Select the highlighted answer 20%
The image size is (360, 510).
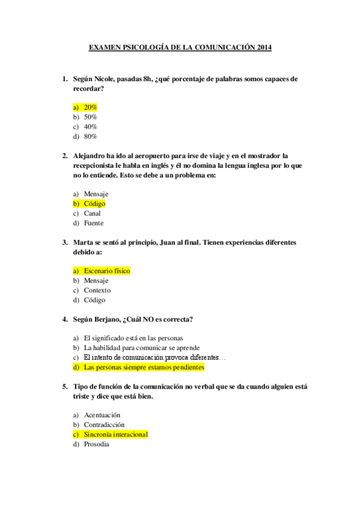click(x=90, y=107)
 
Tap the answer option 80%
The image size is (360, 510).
click(x=90, y=137)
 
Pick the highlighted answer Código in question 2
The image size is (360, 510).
click(x=94, y=204)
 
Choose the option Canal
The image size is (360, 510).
click(x=92, y=214)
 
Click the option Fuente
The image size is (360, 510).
click(x=93, y=223)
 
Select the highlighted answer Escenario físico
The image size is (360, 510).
click(x=107, y=271)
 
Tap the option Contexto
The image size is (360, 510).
click(x=97, y=290)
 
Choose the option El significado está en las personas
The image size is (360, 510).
click(x=133, y=338)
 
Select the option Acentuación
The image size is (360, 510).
click(x=102, y=415)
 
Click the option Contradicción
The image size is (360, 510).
click(x=104, y=425)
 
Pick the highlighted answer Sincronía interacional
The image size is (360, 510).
click(x=115, y=434)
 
